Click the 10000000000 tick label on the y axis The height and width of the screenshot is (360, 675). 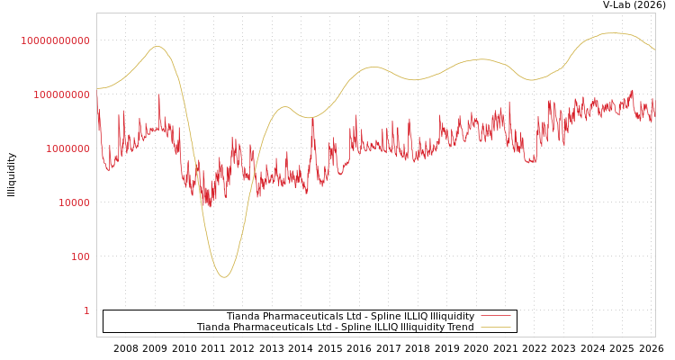point(55,40)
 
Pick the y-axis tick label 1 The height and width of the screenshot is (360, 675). point(86,310)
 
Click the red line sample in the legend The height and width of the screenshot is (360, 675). point(495,316)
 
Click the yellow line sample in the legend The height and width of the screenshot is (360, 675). point(495,327)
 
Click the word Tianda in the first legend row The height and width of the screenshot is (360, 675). point(243,316)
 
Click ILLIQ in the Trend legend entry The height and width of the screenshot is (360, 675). point(383,327)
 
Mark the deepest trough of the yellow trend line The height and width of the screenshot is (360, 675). point(224,276)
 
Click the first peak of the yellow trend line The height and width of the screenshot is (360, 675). point(157,47)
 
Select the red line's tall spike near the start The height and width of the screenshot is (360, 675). point(159,94)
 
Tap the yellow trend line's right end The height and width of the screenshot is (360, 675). point(654,49)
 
